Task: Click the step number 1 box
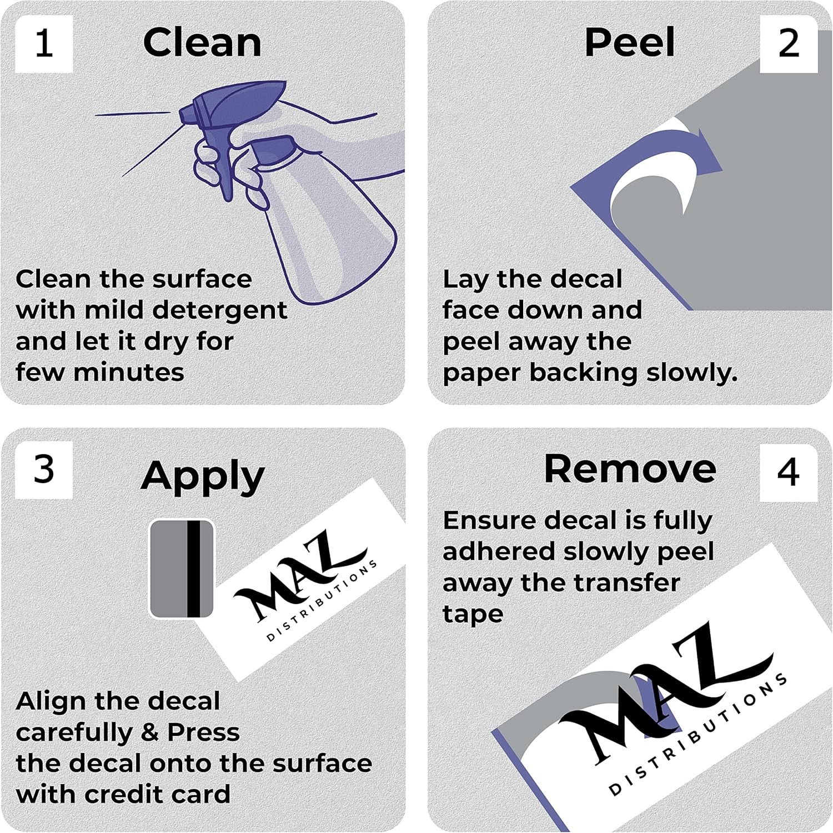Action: (44, 44)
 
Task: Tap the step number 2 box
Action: (789, 44)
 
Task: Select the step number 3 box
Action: (44, 470)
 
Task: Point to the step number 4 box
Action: (789, 473)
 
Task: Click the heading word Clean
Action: (202, 43)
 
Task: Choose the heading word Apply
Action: (203, 477)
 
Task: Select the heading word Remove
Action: (630, 469)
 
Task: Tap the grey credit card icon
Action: (182, 569)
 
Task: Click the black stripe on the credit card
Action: (193, 569)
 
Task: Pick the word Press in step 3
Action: (204, 733)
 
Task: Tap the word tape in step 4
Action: (473, 615)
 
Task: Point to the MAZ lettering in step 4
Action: (666, 691)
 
